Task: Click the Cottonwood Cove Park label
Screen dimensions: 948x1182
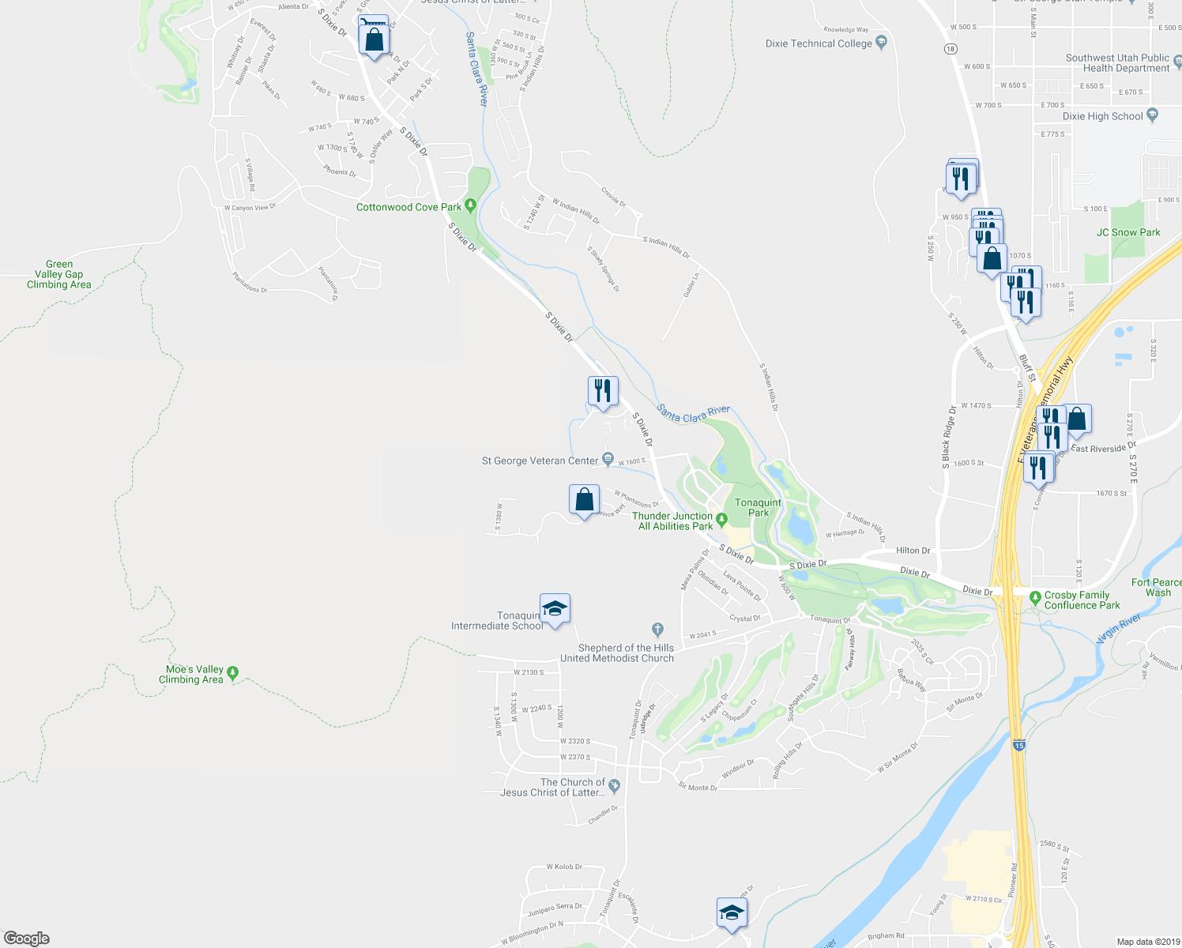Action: click(x=408, y=207)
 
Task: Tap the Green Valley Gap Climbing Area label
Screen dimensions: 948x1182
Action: click(x=59, y=274)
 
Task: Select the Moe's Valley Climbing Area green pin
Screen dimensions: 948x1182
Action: click(x=232, y=673)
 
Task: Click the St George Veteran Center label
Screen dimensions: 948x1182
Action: click(x=540, y=461)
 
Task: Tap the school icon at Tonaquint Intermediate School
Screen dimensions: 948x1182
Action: click(x=555, y=609)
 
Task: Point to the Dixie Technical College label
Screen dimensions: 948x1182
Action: click(x=819, y=43)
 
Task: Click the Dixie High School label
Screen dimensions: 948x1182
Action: click(x=1102, y=116)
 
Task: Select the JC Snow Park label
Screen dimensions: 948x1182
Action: click(x=1128, y=232)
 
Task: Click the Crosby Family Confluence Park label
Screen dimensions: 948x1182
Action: click(x=1082, y=600)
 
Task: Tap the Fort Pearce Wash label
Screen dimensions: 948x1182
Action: click(x=1157, y=587)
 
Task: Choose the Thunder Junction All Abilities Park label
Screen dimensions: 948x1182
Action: click(x=672, y=521)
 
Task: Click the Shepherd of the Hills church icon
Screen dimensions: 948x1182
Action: click(x=657, y=630)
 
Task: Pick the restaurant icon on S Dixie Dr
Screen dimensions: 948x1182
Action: click(x=603, y=391)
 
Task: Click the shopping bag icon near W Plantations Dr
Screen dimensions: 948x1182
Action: click(x=584, y=500)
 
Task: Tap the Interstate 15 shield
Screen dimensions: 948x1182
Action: click(x=1018, y=745)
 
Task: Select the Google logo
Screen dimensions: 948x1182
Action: click(x=26, y=939)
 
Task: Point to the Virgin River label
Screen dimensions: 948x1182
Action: click(x=1119, y=628)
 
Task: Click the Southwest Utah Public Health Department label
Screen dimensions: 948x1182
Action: click(x=1117, y=63)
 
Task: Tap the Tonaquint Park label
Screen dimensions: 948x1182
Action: click(x=758, y=507)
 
